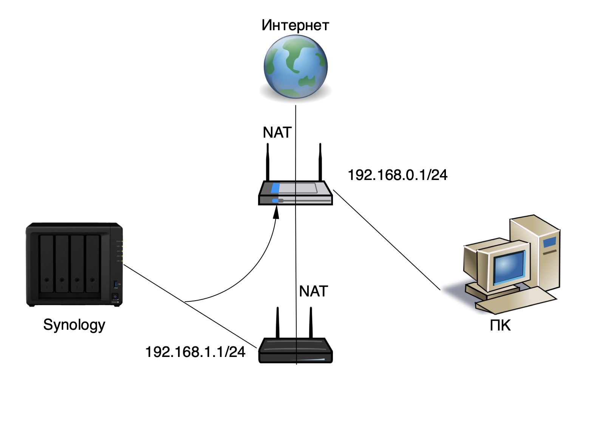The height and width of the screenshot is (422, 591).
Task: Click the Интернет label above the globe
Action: tap(295, 25)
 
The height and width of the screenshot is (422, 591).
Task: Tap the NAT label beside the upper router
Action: tap(277, 133)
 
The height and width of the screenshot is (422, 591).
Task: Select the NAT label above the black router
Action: tap(313, 292)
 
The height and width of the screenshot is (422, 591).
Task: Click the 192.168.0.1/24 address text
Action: tap(397, 175)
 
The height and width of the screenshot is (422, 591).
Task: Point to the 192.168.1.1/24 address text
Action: tap(195, 352)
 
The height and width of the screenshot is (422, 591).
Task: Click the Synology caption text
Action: tap(74, 325)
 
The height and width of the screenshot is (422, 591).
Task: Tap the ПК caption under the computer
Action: tap(500, 326)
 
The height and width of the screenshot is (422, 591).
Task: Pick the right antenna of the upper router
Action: tap(320, 163)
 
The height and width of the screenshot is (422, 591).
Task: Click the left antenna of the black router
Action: tap(278, 323)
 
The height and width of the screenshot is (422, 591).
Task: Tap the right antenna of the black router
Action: tap(311, 323)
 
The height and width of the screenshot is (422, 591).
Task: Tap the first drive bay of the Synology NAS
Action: tap(47, 264)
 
